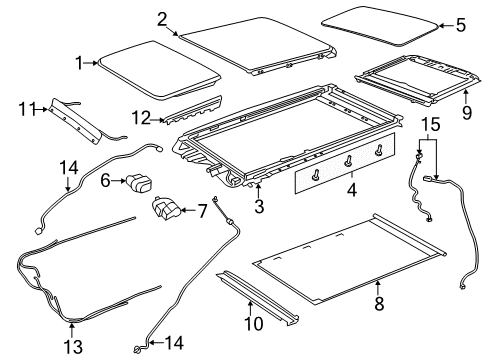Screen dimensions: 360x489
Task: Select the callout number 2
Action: [162, 18]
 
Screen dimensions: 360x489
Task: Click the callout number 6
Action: [105, 181]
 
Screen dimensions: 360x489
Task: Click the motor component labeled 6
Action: [138, 183]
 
